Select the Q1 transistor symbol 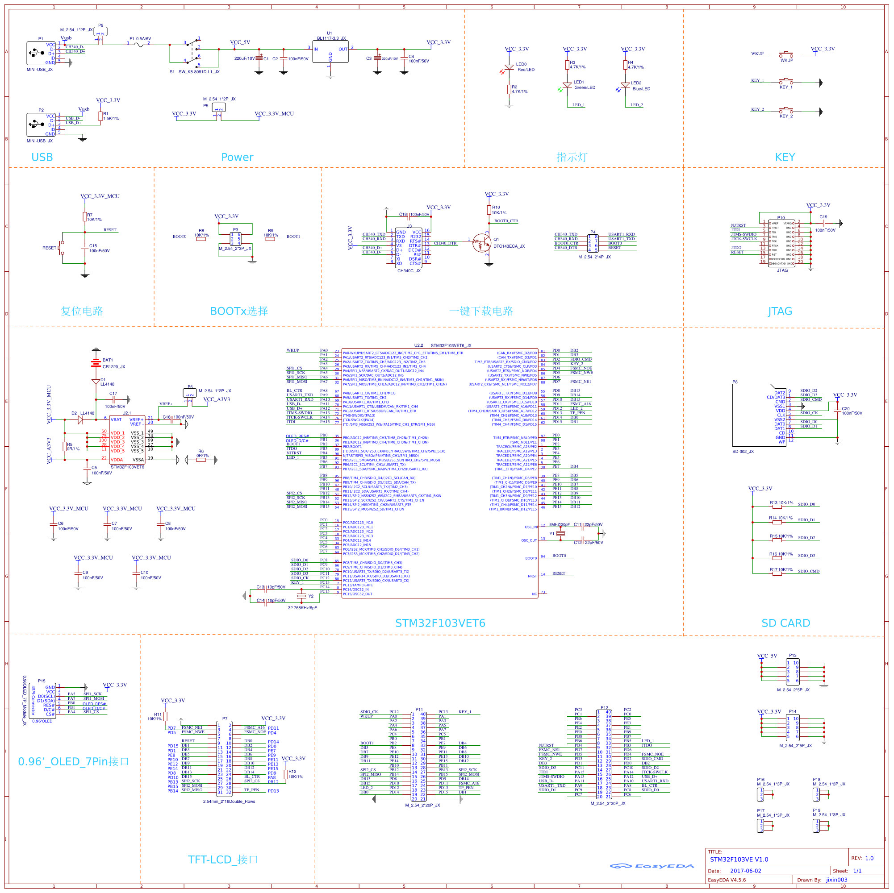pos(482,242)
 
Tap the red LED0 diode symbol pos(509,67)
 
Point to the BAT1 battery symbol pos(96,362)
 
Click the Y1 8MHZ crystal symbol pos(560,534)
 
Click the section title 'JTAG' pos(780,311)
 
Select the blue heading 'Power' pos(237,157)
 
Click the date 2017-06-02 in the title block pos(745,871)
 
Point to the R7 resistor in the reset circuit pos(85,216)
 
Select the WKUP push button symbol pos(786,55)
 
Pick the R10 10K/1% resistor pos(489,210)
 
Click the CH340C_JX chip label pos(409,271)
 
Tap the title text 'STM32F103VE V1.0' pos(739,859)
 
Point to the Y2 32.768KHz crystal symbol pos(301,596)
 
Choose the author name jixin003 pos(837,880)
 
